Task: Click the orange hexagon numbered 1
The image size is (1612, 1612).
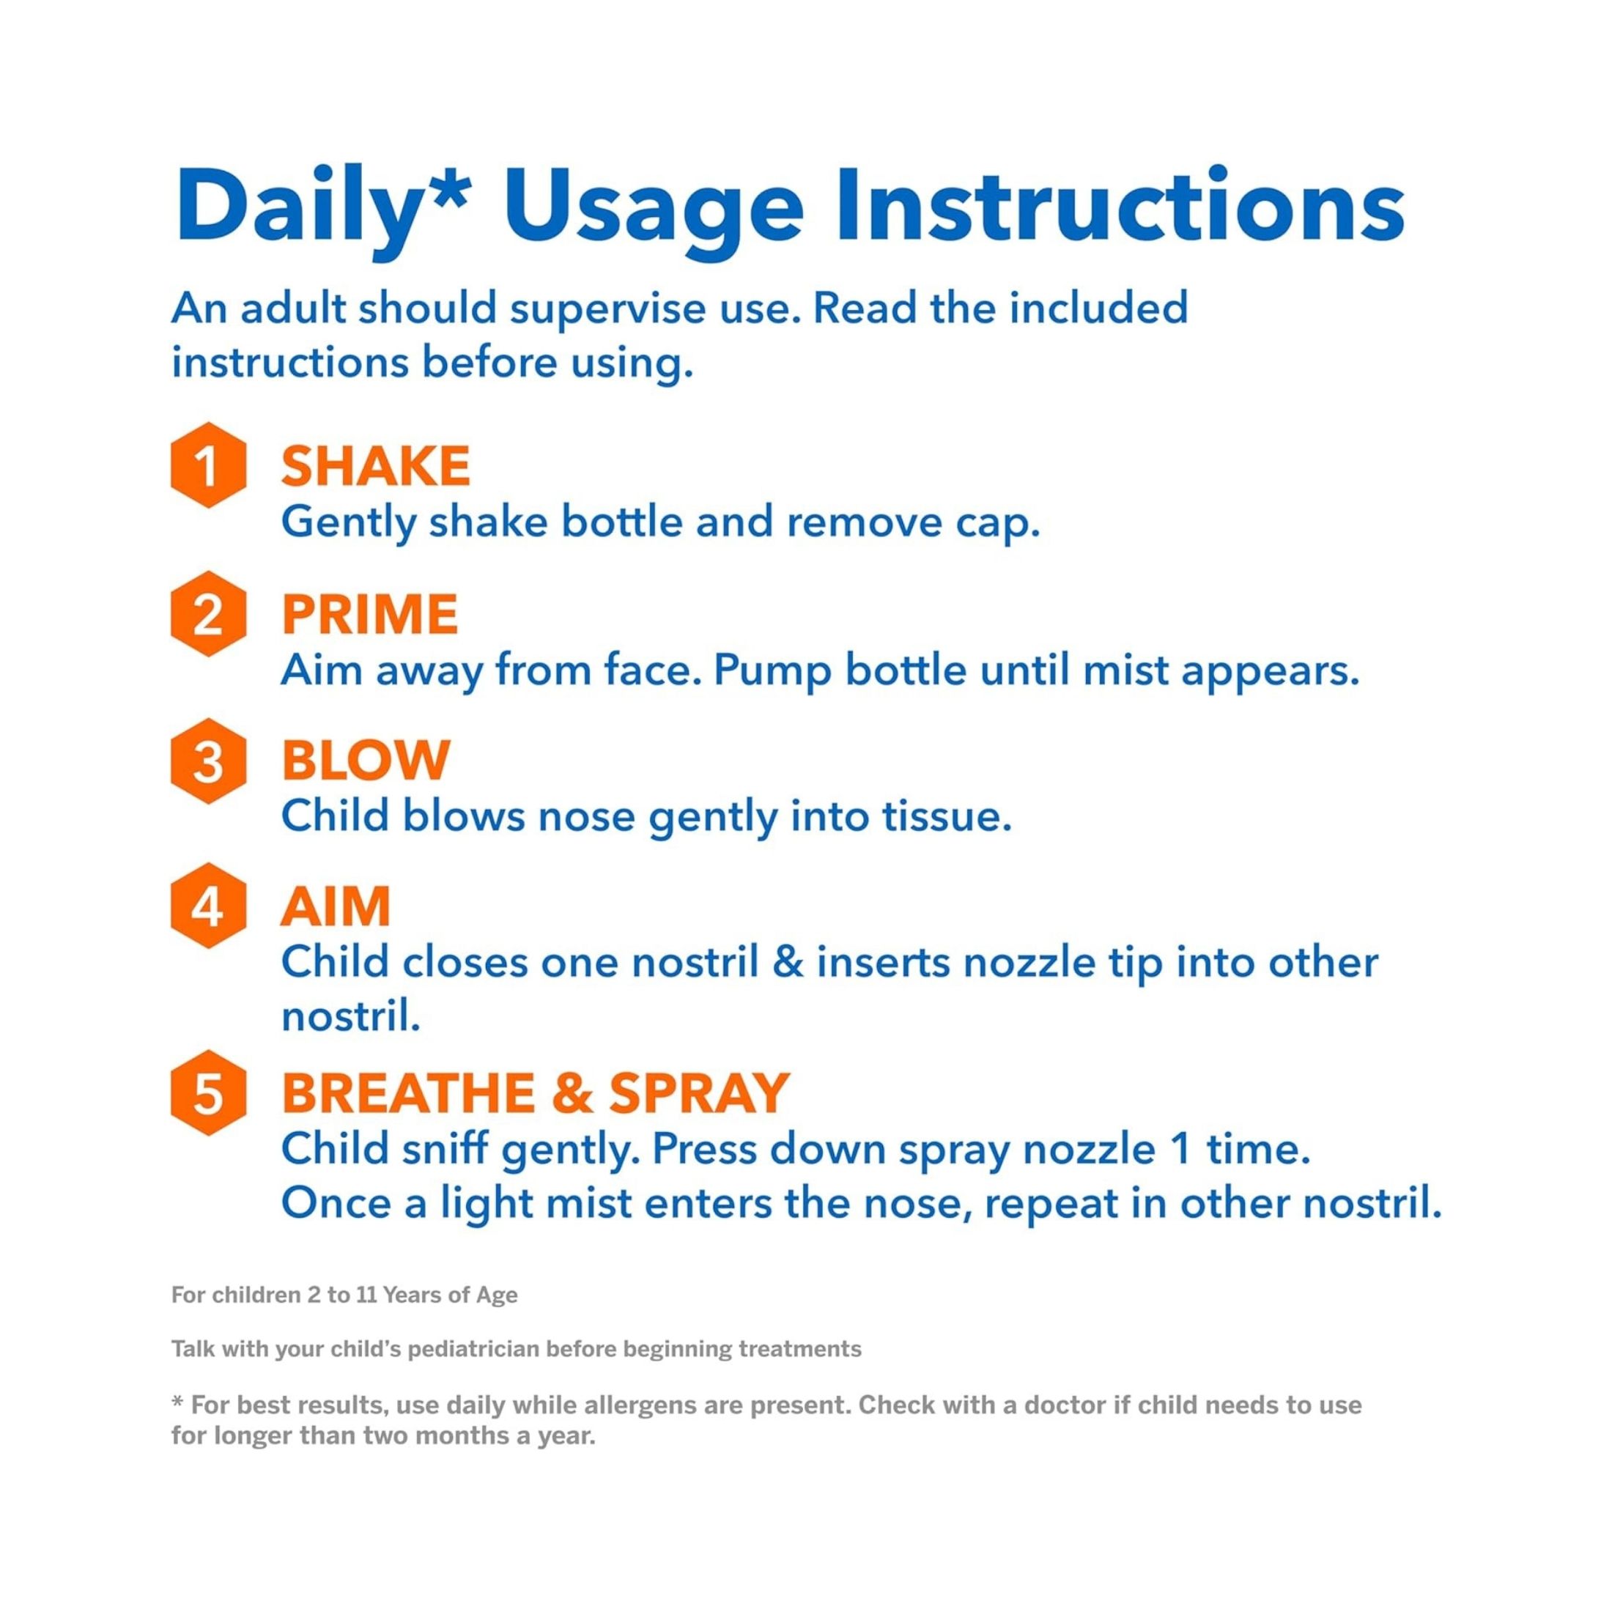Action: click(x=208, y=465)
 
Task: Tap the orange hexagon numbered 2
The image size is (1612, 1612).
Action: click(x=208, y=614)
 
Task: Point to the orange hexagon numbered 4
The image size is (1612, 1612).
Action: click(x=208, y=906)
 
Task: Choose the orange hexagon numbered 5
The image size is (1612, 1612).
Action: click(x=208, y=1092)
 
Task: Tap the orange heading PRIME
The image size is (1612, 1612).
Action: click(x=369, y=614)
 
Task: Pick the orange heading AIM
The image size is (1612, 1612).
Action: click(x=336, y=906)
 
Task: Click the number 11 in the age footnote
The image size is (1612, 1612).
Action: click(x=367, y=1295)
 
